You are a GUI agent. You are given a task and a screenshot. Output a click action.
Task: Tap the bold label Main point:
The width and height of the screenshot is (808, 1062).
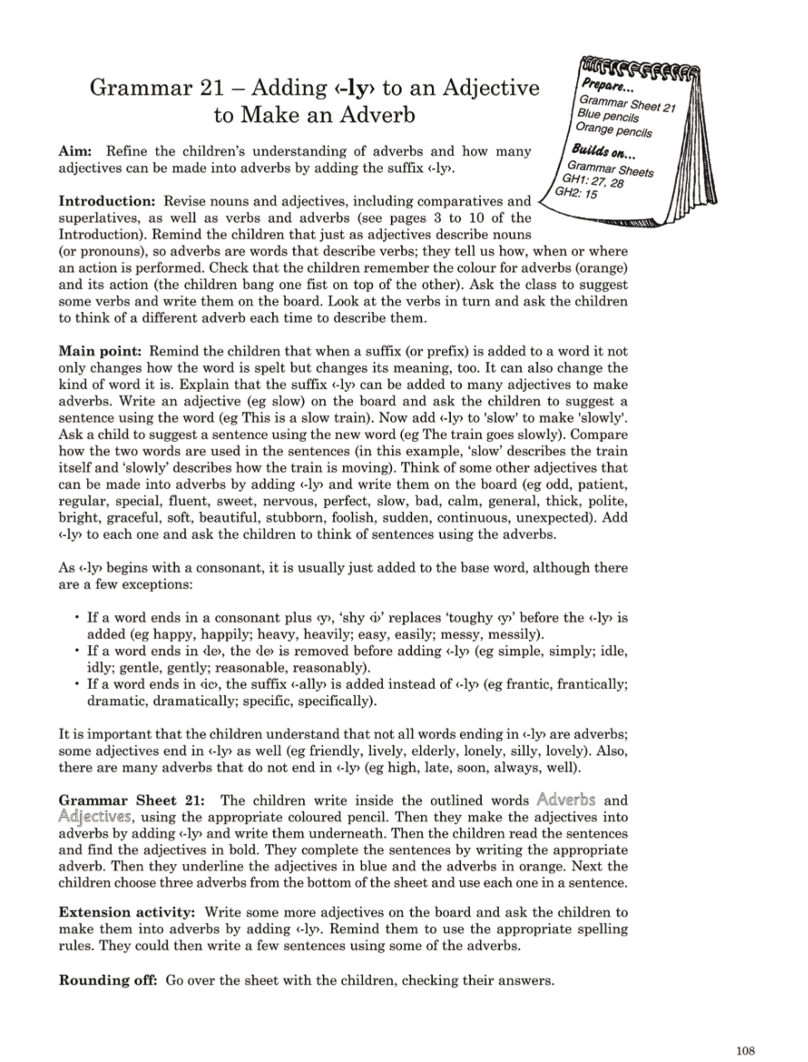(x=99, y=351)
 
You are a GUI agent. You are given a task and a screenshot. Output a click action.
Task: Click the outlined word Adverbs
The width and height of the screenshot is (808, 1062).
(x=566, y=800)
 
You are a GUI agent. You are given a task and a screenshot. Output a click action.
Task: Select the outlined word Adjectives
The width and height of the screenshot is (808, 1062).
(x=95, y=817)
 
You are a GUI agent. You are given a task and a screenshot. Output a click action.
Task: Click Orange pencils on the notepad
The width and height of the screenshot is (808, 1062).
(x=613, y=130)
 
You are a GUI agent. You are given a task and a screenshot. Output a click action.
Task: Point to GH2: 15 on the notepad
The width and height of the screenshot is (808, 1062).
(x=576, y=193)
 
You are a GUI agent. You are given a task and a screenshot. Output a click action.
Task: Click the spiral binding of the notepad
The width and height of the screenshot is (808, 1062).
(x=639, y=67)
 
